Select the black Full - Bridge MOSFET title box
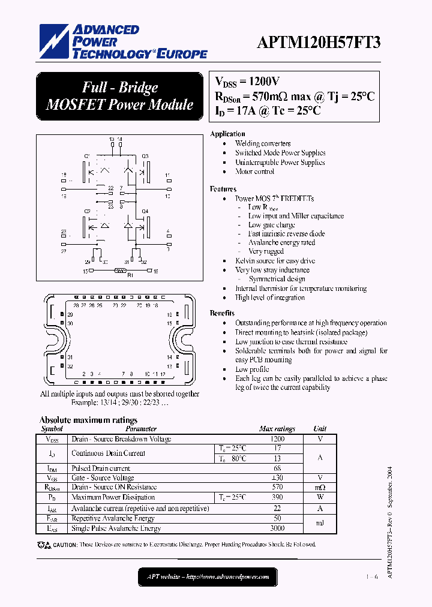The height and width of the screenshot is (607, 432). point(119,96)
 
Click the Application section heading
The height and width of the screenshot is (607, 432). point(227,134)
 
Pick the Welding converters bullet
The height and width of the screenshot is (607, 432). point(263,143)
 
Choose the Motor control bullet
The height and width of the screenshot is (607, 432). point(254,172)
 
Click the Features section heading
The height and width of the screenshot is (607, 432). point(223,189)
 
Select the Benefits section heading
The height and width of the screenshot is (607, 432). point(222,313)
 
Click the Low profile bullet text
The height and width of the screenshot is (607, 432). point(252,369)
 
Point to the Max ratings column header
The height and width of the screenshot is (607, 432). point(277,429)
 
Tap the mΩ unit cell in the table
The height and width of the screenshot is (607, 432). point(320,488)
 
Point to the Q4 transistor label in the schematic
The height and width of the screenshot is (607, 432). point(145,211)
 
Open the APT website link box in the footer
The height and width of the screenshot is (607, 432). point(208,577)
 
